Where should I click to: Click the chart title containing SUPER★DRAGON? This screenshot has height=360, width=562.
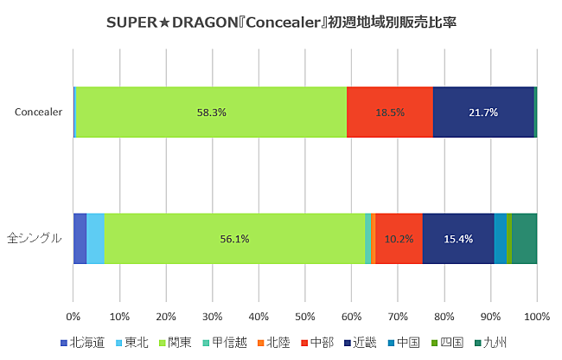coord(281,22)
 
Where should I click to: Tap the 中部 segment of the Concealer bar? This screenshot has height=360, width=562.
coord(389,112)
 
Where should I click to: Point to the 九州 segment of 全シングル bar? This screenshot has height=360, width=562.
coord(524,238)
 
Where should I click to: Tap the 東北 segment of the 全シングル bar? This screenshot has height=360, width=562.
coord(95,238)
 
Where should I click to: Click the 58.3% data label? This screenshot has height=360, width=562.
coord(211,112)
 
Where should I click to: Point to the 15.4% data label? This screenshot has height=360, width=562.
coord(458,239)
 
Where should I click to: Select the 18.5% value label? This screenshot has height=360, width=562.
coord(390,112)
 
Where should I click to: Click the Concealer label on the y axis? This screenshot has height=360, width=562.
coord(39,112)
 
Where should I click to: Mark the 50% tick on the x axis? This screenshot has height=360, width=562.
coord(305,315)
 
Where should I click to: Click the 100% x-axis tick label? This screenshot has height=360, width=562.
coord(536,315)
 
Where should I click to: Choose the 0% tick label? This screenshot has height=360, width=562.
coord(73,315)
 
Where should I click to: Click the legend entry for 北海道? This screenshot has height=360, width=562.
coord(83,343)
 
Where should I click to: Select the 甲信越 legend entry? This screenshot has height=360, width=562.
coord(220,343)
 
